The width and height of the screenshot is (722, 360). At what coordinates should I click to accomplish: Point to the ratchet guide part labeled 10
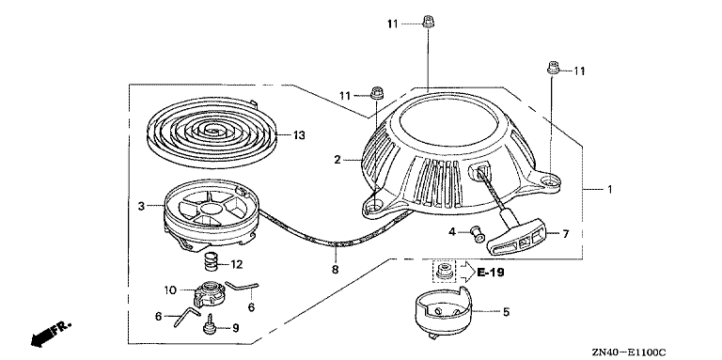210,293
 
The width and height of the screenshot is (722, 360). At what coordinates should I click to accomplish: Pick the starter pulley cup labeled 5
443,313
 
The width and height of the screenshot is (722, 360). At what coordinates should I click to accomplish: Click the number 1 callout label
609,189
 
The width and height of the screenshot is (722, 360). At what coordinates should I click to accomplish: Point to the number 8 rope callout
336,270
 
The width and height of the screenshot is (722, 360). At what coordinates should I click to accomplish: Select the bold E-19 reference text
491,273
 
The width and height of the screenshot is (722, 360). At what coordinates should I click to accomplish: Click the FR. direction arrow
52,335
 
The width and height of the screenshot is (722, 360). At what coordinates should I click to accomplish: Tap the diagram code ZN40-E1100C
631,352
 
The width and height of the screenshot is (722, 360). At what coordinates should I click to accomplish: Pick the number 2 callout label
337,160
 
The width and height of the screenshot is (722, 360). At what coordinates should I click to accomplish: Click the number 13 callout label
299,135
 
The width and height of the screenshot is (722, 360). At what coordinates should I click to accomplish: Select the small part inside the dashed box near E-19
445,270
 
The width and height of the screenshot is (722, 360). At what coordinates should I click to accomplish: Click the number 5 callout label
506,312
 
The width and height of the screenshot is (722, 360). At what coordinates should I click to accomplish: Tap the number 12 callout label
237,265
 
